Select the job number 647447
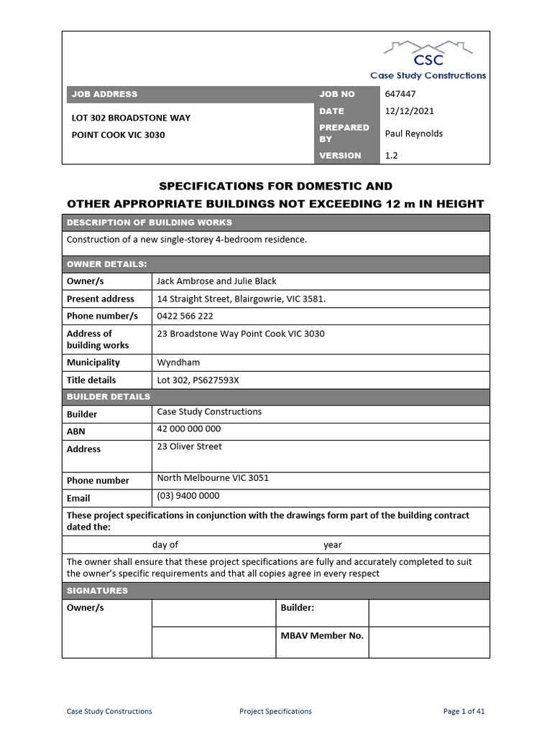coord(400,94)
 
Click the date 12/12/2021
coord(409,111)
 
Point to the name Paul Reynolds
coord(414,134)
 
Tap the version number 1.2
coord(392,155)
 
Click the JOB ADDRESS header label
coord(103,94)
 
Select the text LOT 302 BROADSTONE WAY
coord(131,118)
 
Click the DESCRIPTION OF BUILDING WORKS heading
coord(149,223)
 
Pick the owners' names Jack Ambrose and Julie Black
coord(216,281)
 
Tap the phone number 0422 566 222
coord(185,316)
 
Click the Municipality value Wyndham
coord(178,362)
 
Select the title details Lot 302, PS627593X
coord(198,380)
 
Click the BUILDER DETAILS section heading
coord(109,397)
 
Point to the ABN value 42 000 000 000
coord(189,429)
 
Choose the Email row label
coord(78,498)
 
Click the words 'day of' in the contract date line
coord(165,545)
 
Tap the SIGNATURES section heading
coord(97,591)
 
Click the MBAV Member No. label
coord(321,635)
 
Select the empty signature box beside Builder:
coord(428,613)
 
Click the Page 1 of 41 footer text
coord(464,711)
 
